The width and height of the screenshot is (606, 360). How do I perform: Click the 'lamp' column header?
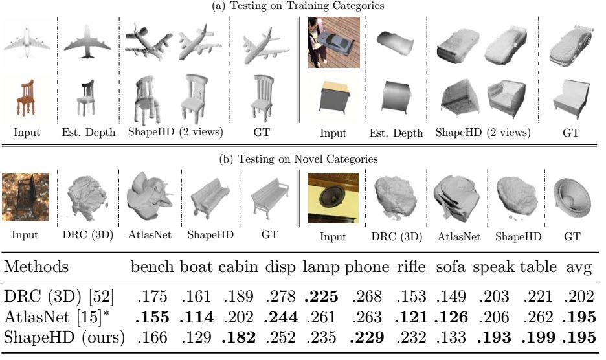[320, 267]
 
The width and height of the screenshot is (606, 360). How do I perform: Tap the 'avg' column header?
[582, 267]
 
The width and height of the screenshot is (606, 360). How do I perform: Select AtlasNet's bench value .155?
[153, 317]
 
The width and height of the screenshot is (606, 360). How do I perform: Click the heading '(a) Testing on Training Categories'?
[302, 6]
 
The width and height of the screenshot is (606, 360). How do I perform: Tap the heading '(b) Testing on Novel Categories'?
[302, 158]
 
